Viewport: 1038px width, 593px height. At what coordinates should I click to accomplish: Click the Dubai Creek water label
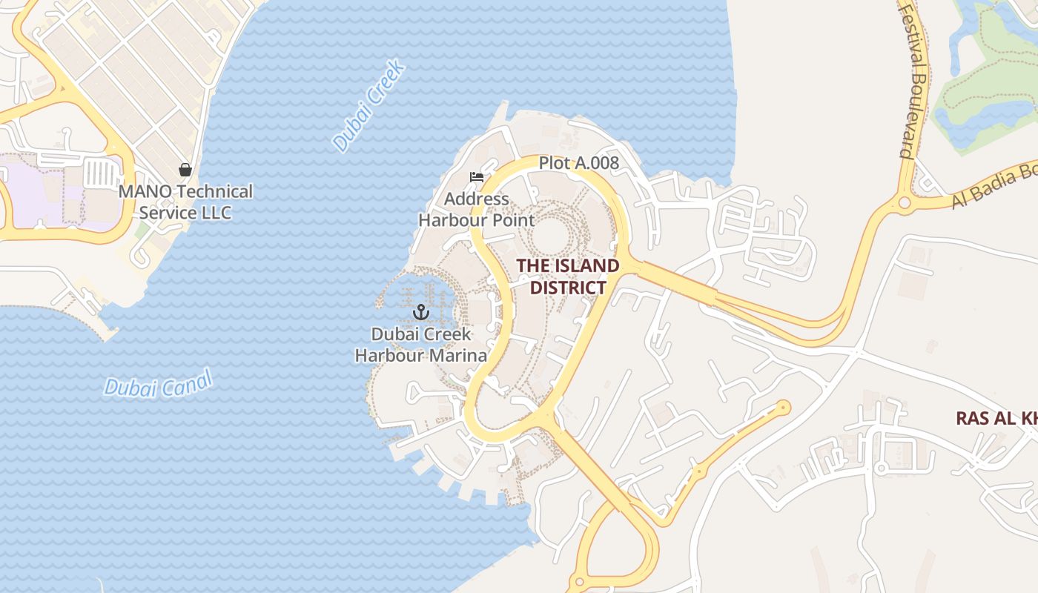coord(368,106)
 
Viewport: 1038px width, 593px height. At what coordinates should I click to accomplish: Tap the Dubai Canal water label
coord(158,385)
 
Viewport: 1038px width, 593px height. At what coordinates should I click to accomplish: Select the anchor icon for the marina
coord(421,312)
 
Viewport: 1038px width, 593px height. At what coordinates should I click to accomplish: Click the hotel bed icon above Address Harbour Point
coord(477,178)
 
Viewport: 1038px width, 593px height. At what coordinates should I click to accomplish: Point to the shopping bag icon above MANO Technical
coord(185,170)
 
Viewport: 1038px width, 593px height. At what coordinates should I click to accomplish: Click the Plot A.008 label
coord(578,163)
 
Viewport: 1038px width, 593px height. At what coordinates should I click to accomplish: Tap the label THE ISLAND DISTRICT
coord(568,276)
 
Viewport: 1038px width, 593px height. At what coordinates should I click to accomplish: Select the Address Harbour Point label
coord(476,209)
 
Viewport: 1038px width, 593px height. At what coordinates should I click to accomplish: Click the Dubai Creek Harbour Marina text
coord(421,345)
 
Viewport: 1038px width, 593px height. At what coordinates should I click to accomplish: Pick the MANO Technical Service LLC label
coord(185,202)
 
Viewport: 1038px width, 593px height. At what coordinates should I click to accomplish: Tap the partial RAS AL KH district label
coord(996,418)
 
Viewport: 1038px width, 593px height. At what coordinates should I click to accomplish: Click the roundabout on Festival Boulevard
coord(904,202)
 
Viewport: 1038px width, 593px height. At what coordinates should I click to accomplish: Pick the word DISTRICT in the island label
coord(568,287)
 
